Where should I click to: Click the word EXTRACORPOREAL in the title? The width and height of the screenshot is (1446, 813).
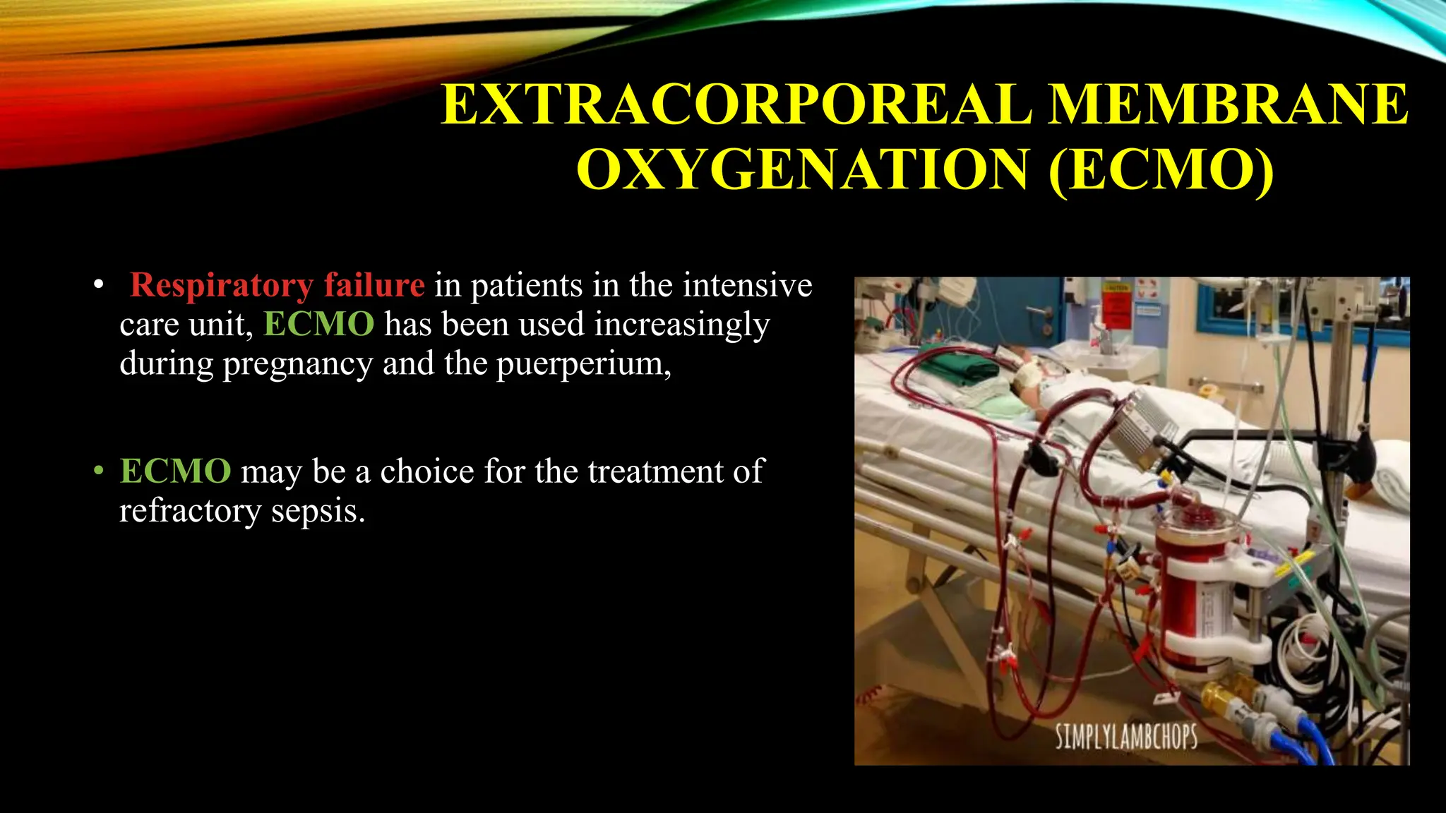(x=739, y=104)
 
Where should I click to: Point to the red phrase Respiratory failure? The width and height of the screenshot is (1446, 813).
(x=277, y=285)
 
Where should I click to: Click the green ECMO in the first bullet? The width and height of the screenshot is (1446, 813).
(x=318, y=325)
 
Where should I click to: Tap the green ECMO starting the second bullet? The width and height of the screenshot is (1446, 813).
(x=175, y=471)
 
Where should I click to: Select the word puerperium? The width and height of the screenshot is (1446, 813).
(x=582, y=364)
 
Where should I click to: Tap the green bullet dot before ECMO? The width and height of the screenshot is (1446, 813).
(x=99, y=471)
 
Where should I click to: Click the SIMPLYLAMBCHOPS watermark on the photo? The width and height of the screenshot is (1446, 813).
(x=1126, y=737)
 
